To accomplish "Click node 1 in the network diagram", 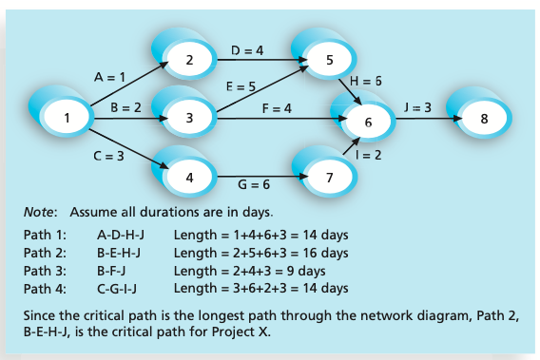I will (67, 118).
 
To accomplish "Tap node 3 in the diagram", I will (190, 119).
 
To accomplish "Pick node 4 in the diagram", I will (190, 177).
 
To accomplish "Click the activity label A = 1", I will (110, 76).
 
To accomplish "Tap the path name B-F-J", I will (115, 271).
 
